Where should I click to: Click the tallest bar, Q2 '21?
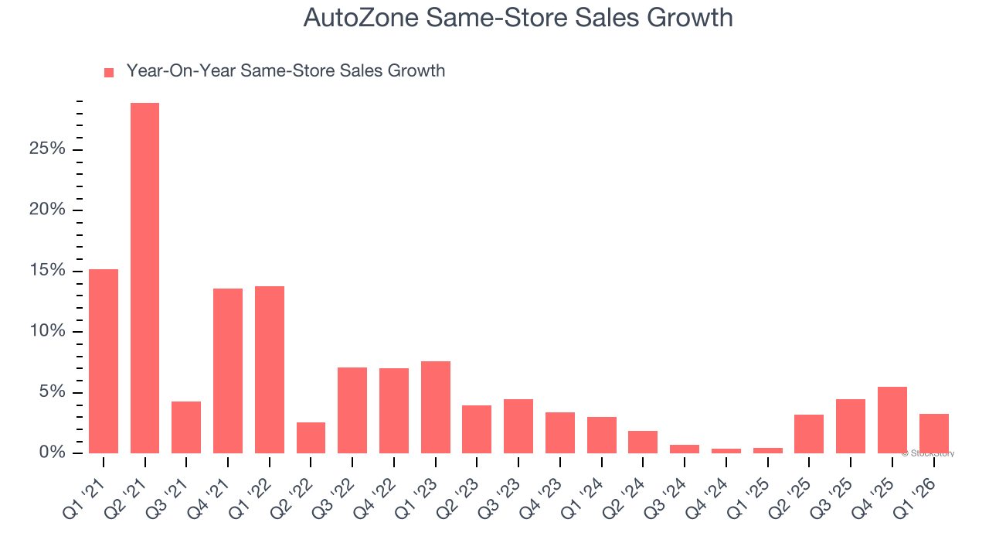[x=144, y=278]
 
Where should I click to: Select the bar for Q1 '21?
[x=104, y=361]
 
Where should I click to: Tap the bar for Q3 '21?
[x=186, y=427]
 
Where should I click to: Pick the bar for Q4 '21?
[x=228, y=371]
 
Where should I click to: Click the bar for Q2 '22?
[x=311, y=437]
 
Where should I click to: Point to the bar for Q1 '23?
[x=436, y=407]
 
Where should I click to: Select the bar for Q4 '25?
[x=892, y=420]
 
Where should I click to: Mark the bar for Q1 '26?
[x=933, y=433]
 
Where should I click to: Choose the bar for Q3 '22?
[x=352, y=410]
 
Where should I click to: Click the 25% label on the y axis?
[x=48, y=149]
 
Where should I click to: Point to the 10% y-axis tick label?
[x=48, y=332]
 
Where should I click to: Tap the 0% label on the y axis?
[x=53, y=453]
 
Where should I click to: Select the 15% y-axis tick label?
[x=48, y=271]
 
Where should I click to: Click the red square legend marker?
[x=109, y=72]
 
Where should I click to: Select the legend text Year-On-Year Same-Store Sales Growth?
[x=285, y=71]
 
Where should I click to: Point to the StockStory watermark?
[x=928, y=453]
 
